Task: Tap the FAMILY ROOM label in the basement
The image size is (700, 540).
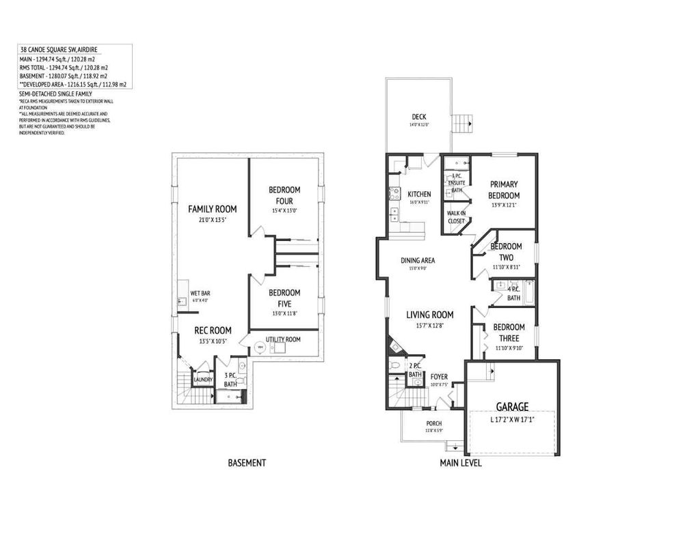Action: [x=213, y=208]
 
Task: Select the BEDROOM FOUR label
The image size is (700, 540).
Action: [x=285, y=195]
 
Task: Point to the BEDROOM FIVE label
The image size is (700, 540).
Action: [x=284, y=298]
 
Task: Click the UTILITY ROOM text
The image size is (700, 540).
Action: [x=284, y=339]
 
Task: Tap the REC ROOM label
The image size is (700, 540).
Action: [x=213, y=330]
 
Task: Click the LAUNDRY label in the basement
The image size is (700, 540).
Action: [x=203, y=380]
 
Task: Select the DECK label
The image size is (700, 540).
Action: [x=419, y=116]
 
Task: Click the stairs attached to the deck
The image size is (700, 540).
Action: [x=463, y=124]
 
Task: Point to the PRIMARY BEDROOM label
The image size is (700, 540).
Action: [x=504, y=189]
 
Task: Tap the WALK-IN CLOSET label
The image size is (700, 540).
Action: [x=457, y=217]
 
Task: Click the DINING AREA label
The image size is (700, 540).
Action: [x=418, y=260]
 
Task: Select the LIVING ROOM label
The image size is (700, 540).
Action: [x=430, y=315]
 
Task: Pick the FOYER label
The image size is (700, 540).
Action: [x=439, y=377]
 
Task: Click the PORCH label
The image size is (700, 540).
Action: [x=434, y=423]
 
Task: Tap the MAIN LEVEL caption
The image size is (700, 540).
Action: [x=461, y=463]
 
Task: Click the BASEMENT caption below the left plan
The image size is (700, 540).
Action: [x=247, y=463]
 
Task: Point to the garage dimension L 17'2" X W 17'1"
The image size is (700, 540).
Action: [x=512, y=421]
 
